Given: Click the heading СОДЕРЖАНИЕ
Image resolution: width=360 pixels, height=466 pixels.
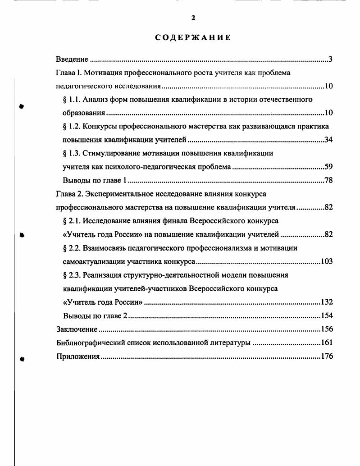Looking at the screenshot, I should click(193, 37).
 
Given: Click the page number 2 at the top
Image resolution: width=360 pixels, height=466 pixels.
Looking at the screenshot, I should click(193, 18).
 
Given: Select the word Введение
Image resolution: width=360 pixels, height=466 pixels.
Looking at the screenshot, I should click(72, 59).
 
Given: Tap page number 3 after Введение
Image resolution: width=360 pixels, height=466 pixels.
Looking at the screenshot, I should click(330, 59).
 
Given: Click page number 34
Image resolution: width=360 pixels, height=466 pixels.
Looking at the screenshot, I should click(328, 140).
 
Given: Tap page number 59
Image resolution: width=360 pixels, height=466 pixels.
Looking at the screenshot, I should click(328, 167).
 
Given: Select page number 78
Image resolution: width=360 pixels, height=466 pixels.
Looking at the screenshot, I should click(328, 181).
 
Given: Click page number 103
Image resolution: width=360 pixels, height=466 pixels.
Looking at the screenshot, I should click(326, 262).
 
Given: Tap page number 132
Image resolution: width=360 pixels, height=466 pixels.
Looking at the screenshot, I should click(326, 302).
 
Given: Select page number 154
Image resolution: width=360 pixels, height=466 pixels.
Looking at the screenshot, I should click(326, 316).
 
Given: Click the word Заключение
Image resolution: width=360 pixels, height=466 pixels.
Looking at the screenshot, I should click(77, 329).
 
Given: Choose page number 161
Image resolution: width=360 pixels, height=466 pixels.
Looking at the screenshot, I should click(326, 343).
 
